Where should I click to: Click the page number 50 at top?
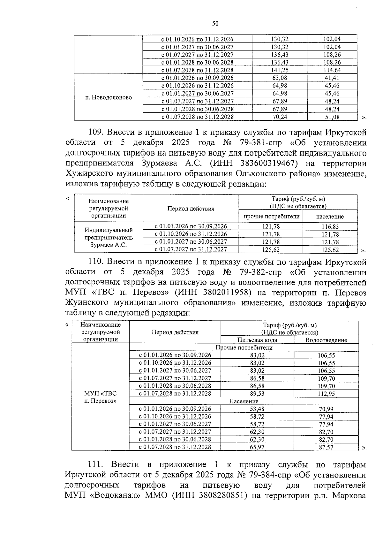tap(215, 23)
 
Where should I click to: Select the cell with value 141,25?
tap(279, 70)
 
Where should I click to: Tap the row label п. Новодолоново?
tap(109, 97)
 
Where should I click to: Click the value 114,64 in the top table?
tap(332, 70)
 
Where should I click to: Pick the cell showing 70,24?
tap(279, 117)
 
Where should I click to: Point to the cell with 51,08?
tap(332, 117)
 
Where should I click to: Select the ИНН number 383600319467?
tap(267, 163)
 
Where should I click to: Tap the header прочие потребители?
tap(271, 216)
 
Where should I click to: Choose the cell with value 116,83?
tap(330, 227)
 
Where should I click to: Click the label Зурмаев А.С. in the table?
tap(109, 245)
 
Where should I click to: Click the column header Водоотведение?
tap(326, 340)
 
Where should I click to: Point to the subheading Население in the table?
tap(244, 401)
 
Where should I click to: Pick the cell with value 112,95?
tap(326, 394)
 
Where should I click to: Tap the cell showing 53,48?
tap(257, 409)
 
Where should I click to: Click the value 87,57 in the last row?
tap(326, 447)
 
